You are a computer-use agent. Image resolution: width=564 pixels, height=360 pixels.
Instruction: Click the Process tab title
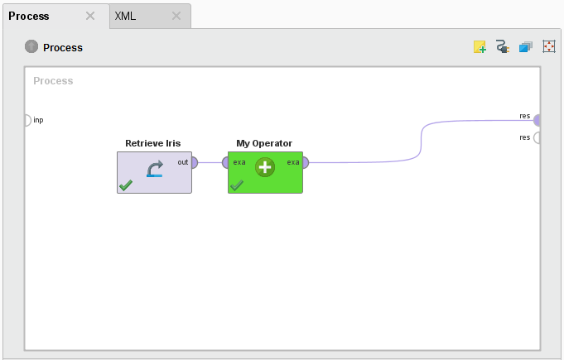tap(29, 16)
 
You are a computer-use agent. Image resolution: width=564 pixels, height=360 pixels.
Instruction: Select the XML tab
tap(125, 16)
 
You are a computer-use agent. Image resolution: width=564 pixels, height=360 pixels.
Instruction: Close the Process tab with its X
tap(90, 16)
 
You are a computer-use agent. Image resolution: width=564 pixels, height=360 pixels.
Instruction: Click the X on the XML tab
tap(176, 16)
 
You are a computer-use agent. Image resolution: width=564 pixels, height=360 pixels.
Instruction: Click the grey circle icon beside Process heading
tap(31, 47)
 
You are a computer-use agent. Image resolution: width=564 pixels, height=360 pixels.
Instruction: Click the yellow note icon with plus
tap(480, 47)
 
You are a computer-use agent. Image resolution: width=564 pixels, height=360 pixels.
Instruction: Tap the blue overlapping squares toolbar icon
tap(525, 47)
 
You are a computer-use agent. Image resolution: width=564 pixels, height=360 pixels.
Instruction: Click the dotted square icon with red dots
tap(548, 47)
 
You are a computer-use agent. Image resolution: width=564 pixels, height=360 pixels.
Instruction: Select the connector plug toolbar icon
tap(502, 47)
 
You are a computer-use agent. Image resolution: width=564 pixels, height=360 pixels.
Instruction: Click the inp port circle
tap(27, 120)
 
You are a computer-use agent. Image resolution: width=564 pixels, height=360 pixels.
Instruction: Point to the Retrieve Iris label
tap(152, 143)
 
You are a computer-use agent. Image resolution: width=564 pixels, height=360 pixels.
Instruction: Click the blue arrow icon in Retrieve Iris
tap(155, 170)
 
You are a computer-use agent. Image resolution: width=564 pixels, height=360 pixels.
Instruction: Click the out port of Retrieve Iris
tap(194, 162)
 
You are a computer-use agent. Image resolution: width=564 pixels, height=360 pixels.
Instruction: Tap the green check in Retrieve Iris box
tap(126, 185)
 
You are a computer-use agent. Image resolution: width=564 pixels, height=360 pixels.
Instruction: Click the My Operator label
tap(264, 143)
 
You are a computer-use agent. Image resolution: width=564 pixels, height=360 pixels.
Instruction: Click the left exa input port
tap(225, 162)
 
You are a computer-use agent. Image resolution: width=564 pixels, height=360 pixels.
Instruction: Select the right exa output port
tap(305, 162)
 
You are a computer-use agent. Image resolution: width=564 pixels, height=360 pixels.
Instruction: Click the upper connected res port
tap(537, 120)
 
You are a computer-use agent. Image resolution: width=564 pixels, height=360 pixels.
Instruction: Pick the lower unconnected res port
tap(537, 137)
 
